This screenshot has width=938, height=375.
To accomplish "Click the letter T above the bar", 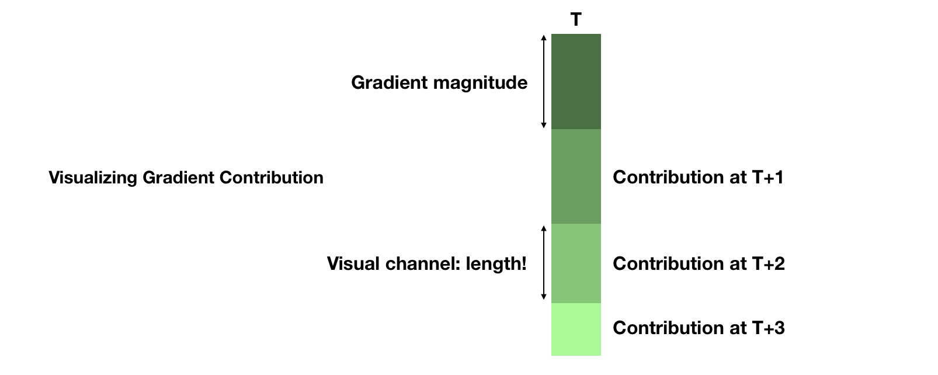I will click(576, 20).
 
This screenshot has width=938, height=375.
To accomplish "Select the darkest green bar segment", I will click(576, 81).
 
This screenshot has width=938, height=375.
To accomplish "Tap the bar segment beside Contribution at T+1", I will click(576, 176).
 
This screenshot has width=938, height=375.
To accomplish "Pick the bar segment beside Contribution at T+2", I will click(576, 263).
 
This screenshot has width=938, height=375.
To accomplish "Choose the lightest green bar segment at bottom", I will click(576, 329).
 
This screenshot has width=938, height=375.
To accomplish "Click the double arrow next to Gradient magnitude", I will click(544, 81).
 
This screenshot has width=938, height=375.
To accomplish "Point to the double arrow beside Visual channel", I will click(544, 263).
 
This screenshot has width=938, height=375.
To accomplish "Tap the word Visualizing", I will click(93, 178).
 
